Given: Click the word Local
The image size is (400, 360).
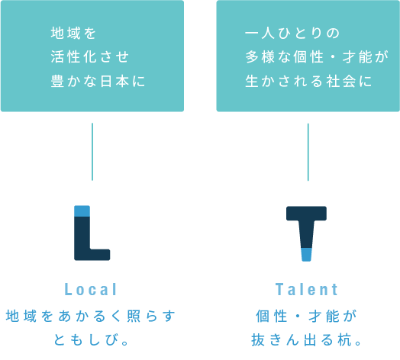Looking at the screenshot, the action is coord(91,289).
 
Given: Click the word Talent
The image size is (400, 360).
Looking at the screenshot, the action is coord(307,289).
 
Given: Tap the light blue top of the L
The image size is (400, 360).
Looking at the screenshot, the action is coord(82,211).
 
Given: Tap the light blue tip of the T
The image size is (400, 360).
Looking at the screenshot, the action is coord(306,255).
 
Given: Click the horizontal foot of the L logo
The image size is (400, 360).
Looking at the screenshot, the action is coord(99,255).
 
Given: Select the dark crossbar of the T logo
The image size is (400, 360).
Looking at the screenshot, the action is coord(306,213).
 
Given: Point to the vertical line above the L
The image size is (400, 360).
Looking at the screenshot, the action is coord(92,152).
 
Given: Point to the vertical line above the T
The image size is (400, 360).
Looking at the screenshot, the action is coord(308,153).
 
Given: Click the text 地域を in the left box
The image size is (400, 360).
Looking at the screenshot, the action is coord(73,34).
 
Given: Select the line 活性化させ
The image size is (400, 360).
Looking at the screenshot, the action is coord(89,56).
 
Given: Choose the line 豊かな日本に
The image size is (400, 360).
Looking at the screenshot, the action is coord(98,81).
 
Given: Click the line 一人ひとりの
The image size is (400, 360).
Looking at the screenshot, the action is coord(292,34).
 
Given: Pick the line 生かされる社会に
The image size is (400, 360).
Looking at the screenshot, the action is coord(308,81).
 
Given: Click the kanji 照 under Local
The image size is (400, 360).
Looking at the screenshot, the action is coord(134,317).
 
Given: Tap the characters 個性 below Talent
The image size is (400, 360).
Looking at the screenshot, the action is coord(272,317).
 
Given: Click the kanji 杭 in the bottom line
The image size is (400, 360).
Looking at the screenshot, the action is coord(345,340).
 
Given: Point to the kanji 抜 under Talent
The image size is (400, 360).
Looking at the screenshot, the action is coord(258,340).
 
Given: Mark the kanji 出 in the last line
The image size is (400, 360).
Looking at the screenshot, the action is coord(310,340).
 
